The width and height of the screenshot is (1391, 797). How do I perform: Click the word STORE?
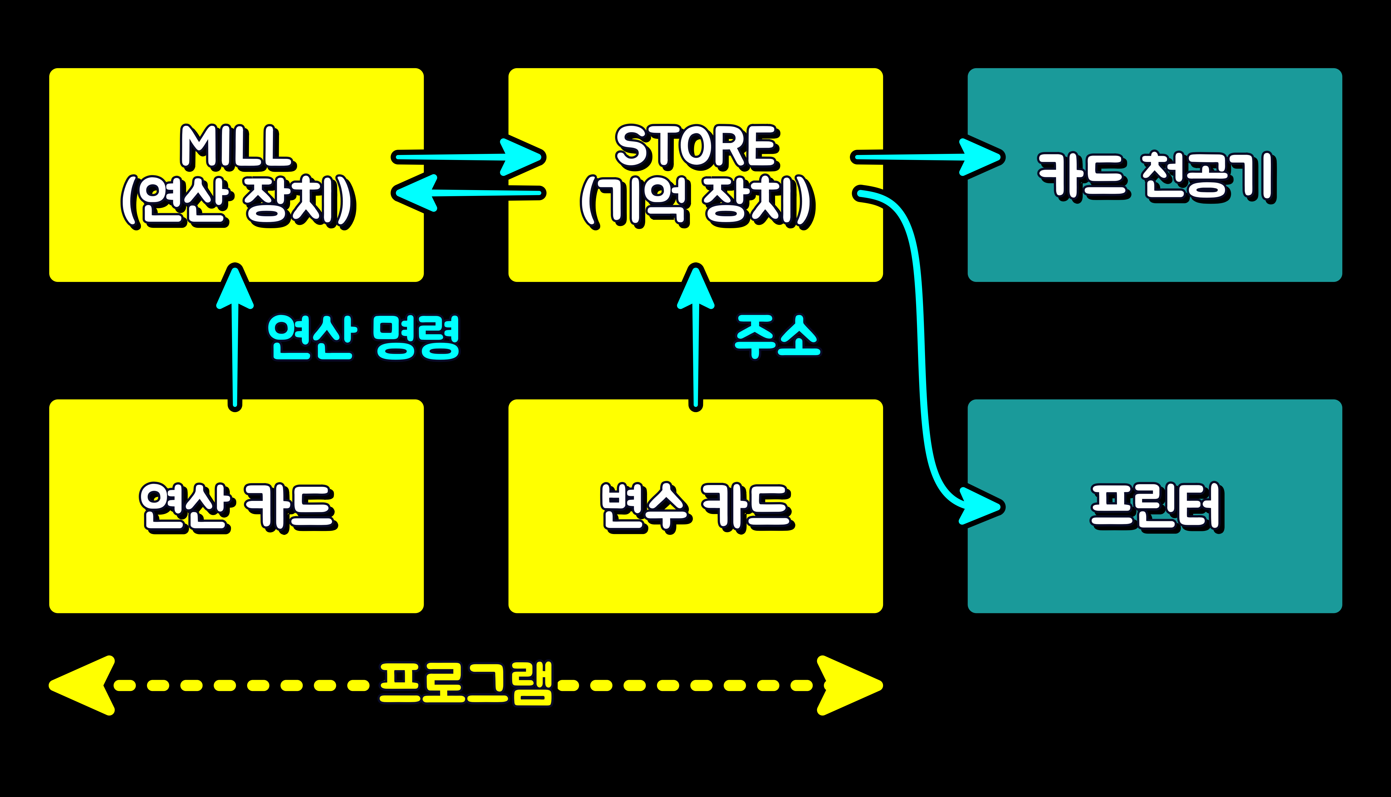696,147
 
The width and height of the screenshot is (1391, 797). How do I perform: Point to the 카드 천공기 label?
1156,176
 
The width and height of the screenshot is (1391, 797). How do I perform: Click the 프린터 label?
1156,506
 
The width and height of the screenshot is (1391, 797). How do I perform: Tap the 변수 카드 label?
696,507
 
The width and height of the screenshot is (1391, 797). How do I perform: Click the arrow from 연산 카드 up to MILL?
235,350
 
